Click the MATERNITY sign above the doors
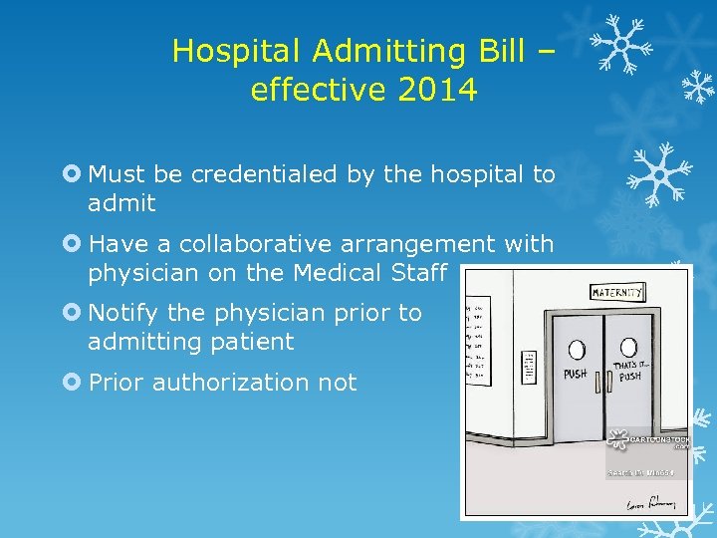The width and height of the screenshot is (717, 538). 617,292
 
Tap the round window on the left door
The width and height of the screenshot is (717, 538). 577,350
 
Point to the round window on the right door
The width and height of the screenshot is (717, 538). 629,349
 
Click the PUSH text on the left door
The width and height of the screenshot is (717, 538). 576,375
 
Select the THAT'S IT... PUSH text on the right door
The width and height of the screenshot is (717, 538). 629,372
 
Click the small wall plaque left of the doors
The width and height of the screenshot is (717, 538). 530,363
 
